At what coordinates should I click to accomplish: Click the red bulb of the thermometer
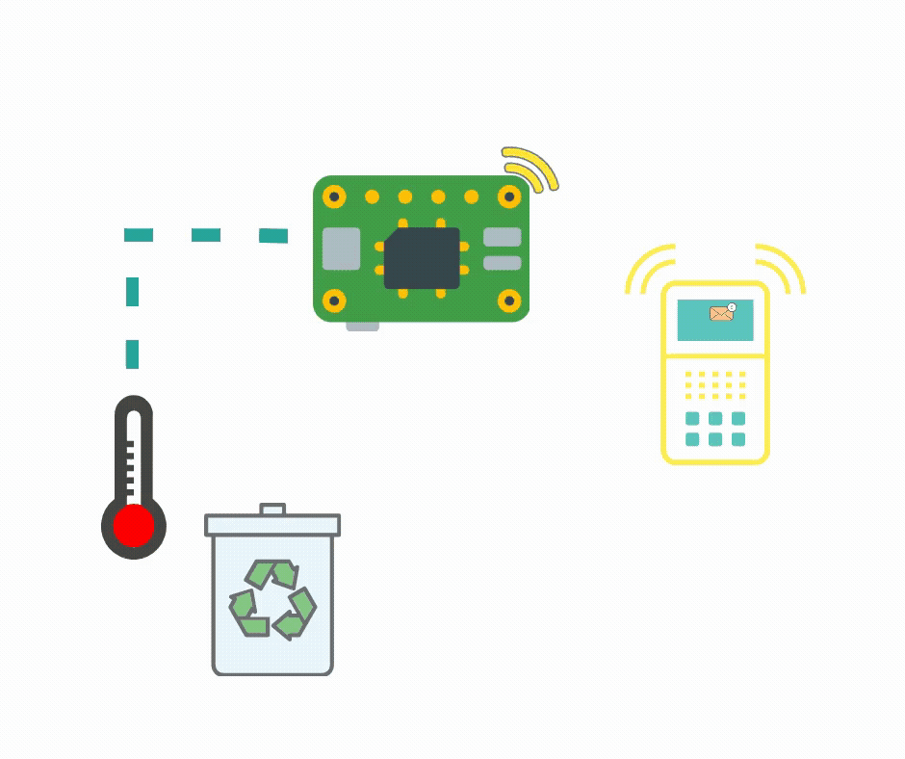coord(134,527)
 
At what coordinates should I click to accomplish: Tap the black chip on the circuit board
coord(422,258)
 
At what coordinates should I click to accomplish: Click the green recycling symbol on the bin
coord(272,600)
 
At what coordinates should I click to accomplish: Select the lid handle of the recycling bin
coord(272,509)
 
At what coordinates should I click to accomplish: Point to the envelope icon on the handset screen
coord(721,313)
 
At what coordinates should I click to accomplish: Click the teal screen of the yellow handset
coord(714,321)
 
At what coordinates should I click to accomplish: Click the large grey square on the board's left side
coord(341,249)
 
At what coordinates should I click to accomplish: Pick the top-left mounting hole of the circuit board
coord(334,196)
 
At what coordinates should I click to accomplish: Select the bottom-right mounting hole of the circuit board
coord(509,301)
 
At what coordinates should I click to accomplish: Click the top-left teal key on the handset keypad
coord(692,418)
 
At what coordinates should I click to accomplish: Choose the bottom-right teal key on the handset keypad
coord(738,439)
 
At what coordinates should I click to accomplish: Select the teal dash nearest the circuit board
coord(273,235)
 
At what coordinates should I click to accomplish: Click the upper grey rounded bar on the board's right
coord(502,237)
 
